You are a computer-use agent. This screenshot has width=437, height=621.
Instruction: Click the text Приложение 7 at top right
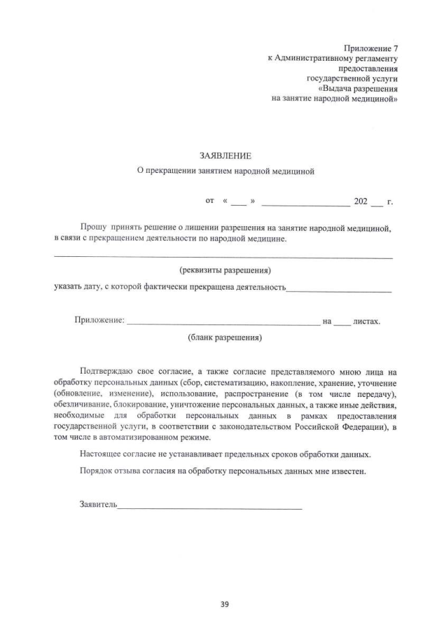click(x=372, y=49)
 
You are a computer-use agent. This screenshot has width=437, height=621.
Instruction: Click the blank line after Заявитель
click(x=210, y=506)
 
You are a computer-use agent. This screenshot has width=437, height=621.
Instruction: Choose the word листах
click(x=367, y=321)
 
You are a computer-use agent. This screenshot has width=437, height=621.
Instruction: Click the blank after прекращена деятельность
click(x=339, y=289)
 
